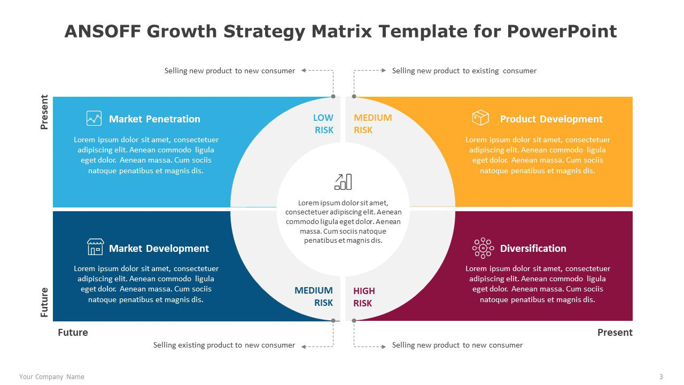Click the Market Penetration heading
pos(154,119)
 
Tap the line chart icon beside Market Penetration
pos(94,118)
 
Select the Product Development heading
pos(551,119)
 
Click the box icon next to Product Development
pos(480,118)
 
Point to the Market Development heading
pos(159,249)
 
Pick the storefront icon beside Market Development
pos(95,247)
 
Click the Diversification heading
pos(533,249)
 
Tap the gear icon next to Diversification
pos(483,248)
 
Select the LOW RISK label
pos(323,124)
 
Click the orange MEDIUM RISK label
pos(373,124)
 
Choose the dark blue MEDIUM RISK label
pos(314,296)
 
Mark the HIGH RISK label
pos(364,297)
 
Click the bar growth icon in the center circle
pos(343,182)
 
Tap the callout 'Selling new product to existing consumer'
pos(464,71)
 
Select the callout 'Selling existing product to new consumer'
pos(224,345)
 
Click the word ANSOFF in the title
pos(103,31)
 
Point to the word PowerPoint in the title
pos(562,31)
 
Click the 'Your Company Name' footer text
pos(52,377)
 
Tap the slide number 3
pos(661,377)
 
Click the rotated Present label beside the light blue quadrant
pos(44,112)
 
